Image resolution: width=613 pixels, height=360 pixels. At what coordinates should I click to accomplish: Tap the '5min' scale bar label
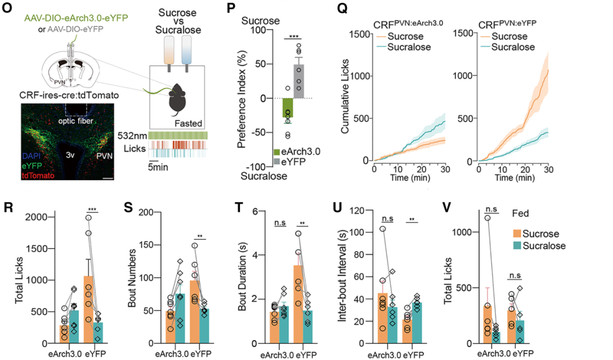click(x=158, y=169)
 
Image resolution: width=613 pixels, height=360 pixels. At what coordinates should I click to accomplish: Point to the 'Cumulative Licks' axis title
click(x=345, y=98)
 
